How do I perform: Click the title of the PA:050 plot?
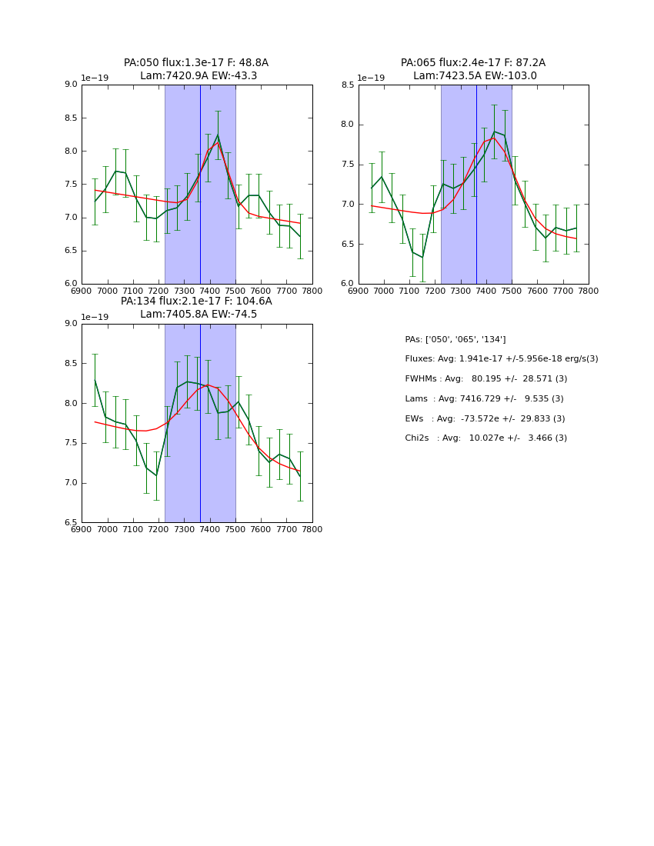coord(196,69)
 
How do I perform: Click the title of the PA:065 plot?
coord(473,69)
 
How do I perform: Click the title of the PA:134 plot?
coord(196,308)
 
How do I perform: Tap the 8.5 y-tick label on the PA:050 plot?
coord(70,118)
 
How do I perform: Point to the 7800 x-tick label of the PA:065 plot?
coord(589,290)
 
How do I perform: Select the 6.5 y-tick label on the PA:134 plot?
coord(70,523)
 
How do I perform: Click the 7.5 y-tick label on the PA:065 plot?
coord(347,165)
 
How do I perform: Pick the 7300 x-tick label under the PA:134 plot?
coord(184,529)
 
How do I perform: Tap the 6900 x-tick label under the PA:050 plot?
coord(82,290)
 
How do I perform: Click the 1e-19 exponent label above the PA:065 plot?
coord(371,78)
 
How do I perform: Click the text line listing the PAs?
coord(455,339)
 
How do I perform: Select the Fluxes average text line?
coord(501,359)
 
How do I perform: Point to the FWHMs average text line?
coord(485,379)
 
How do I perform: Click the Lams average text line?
coord(484,398)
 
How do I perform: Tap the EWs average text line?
coord(485,418)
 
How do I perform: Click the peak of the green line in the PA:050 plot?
coord(218,135)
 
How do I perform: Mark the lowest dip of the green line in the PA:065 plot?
coord(422,257)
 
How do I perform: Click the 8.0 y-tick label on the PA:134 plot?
coord(70,403)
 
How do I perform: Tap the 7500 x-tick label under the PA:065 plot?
coord(512,290)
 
